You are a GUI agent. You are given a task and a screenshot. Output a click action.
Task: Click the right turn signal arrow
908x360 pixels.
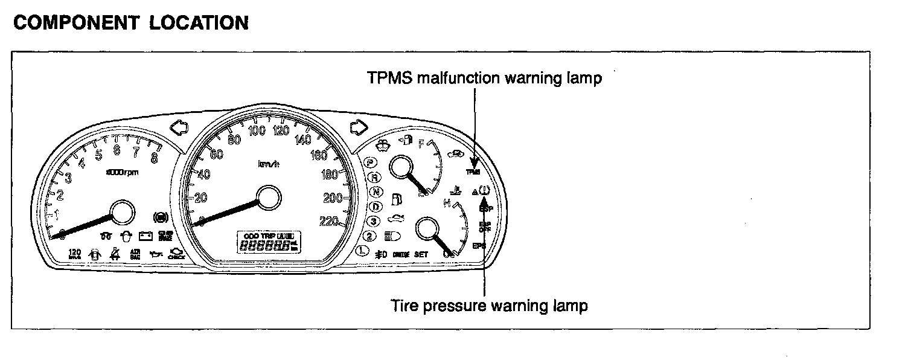[359, 128]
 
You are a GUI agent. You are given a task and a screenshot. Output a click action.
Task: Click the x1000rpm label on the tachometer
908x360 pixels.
[122, 172]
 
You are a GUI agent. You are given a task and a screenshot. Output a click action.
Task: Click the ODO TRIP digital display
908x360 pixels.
[268, 242]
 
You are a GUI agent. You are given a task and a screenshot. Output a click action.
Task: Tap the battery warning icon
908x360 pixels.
[145, 236]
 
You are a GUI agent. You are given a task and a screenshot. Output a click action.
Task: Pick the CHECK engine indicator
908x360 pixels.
[176, 254]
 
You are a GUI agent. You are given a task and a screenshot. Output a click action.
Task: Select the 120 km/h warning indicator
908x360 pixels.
[74, 254]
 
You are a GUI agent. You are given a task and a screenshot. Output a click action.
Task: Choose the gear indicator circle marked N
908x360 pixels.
[377, 192]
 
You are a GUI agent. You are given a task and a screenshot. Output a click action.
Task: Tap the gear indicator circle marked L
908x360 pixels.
[362, 250]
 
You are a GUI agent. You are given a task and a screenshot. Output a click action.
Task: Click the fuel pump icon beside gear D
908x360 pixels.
[397, 198]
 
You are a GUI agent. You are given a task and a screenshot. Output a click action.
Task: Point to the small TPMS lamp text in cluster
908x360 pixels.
[473, 172]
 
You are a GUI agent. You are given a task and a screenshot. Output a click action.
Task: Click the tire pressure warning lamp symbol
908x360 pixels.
[484, 192]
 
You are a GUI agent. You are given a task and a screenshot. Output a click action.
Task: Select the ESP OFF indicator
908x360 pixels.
[484, 227]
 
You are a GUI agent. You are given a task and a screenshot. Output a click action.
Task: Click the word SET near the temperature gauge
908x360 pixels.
[421, 254]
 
